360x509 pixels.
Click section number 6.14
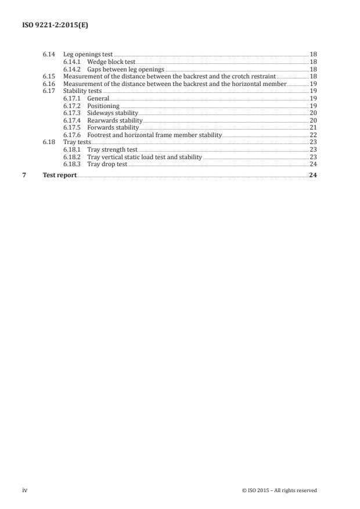[x=49, y=54]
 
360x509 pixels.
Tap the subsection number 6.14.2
[x=73, y=69]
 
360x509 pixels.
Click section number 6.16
[x=49, y=84]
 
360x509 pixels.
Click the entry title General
[x=98, y=99]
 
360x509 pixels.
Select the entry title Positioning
[x=103, y=106]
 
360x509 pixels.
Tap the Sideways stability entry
[x=112, y=113]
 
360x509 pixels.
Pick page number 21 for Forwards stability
[x=313, y=128]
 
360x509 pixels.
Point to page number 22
[x=313, y=135]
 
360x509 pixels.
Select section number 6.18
[x=49, y=142]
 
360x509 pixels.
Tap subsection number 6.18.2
[x=73, y=157]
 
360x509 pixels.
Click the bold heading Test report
[x=59, y=175]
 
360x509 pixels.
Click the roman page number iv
[x=25, y=490]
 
